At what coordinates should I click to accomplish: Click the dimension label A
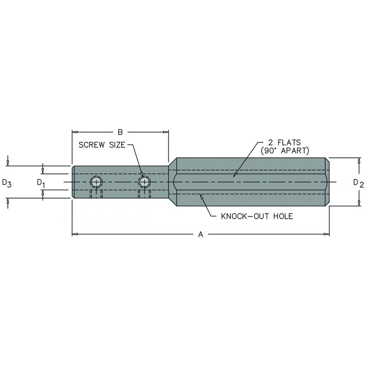pos(200,235)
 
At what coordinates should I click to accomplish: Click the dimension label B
pos(120,132)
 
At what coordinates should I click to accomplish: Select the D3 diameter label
pos(6,183)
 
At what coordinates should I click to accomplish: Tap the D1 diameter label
pos(41,183)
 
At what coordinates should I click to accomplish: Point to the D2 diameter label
pos(358,183)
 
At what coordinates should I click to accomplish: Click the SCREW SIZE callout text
pos(101,145)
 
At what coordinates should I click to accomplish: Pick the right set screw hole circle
pos(145,182)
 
